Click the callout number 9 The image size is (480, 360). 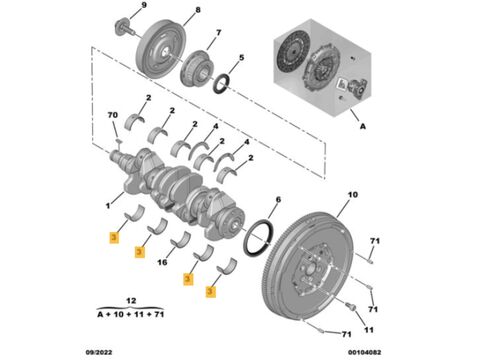(x=144, y=5)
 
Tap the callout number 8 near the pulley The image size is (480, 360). (x=198, y=10)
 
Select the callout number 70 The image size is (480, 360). (x=113, y=115)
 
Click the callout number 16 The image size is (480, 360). (x=162, y=263)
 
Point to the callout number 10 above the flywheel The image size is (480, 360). (x=353, y=194)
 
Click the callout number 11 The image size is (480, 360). (x=368, y=330)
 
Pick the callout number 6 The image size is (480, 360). (x=278, y=200)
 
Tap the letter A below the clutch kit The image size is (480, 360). (x=363, y=126)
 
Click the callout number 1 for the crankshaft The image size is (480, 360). (x=108, y=206)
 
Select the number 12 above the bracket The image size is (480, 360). (x=131, y=301)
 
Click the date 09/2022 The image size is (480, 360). (x=99, y=352)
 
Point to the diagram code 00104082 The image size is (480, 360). (x=365, y=352)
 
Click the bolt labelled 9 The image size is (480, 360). (x=125, y=27)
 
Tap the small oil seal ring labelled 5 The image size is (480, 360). (x=221, y=84)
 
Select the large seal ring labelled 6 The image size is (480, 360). (x=259, y=237)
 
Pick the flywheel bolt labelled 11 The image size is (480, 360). (x=350, y=306)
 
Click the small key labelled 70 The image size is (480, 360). (x=118, y=142)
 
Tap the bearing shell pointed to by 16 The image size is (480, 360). (x=180, y=239)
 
